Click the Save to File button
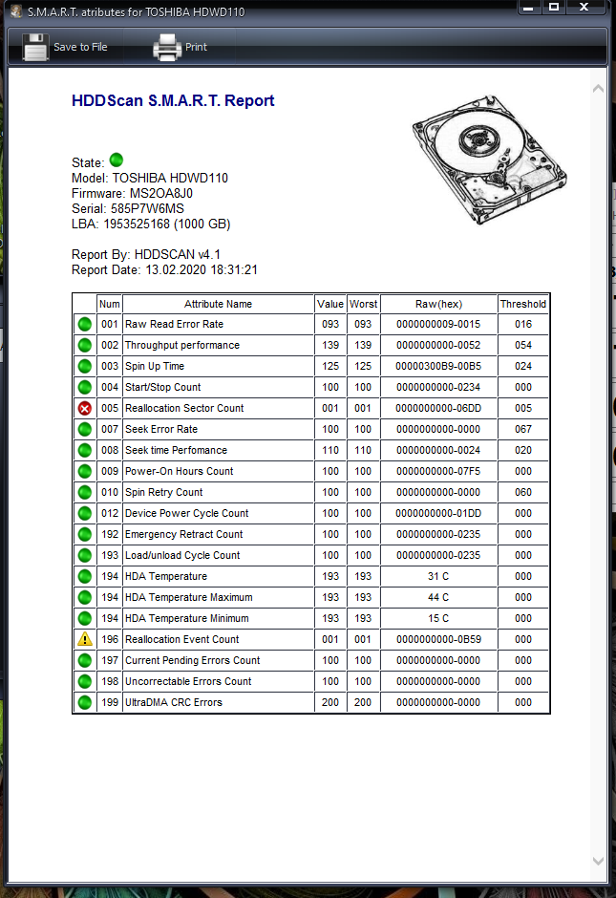tap(65, 47)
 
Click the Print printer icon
tap(167, 47)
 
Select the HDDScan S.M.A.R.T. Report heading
tap(173, 100)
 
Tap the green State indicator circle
tap(117, 160)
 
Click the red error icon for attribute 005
tap(84, 408)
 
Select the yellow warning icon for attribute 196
tap(84, 639)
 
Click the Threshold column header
tap(523, 304)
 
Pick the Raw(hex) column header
tap(438, 304)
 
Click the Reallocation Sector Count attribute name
tap(184, 408)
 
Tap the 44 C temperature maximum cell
tap(438, 597)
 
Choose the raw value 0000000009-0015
tap(438, 325)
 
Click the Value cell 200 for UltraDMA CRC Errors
tap(330, 702)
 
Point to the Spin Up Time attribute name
tap(155, 366)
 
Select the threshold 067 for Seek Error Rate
tap(523, 429)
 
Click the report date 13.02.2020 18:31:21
tap(201, 270)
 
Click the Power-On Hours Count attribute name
tap(180, 471)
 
